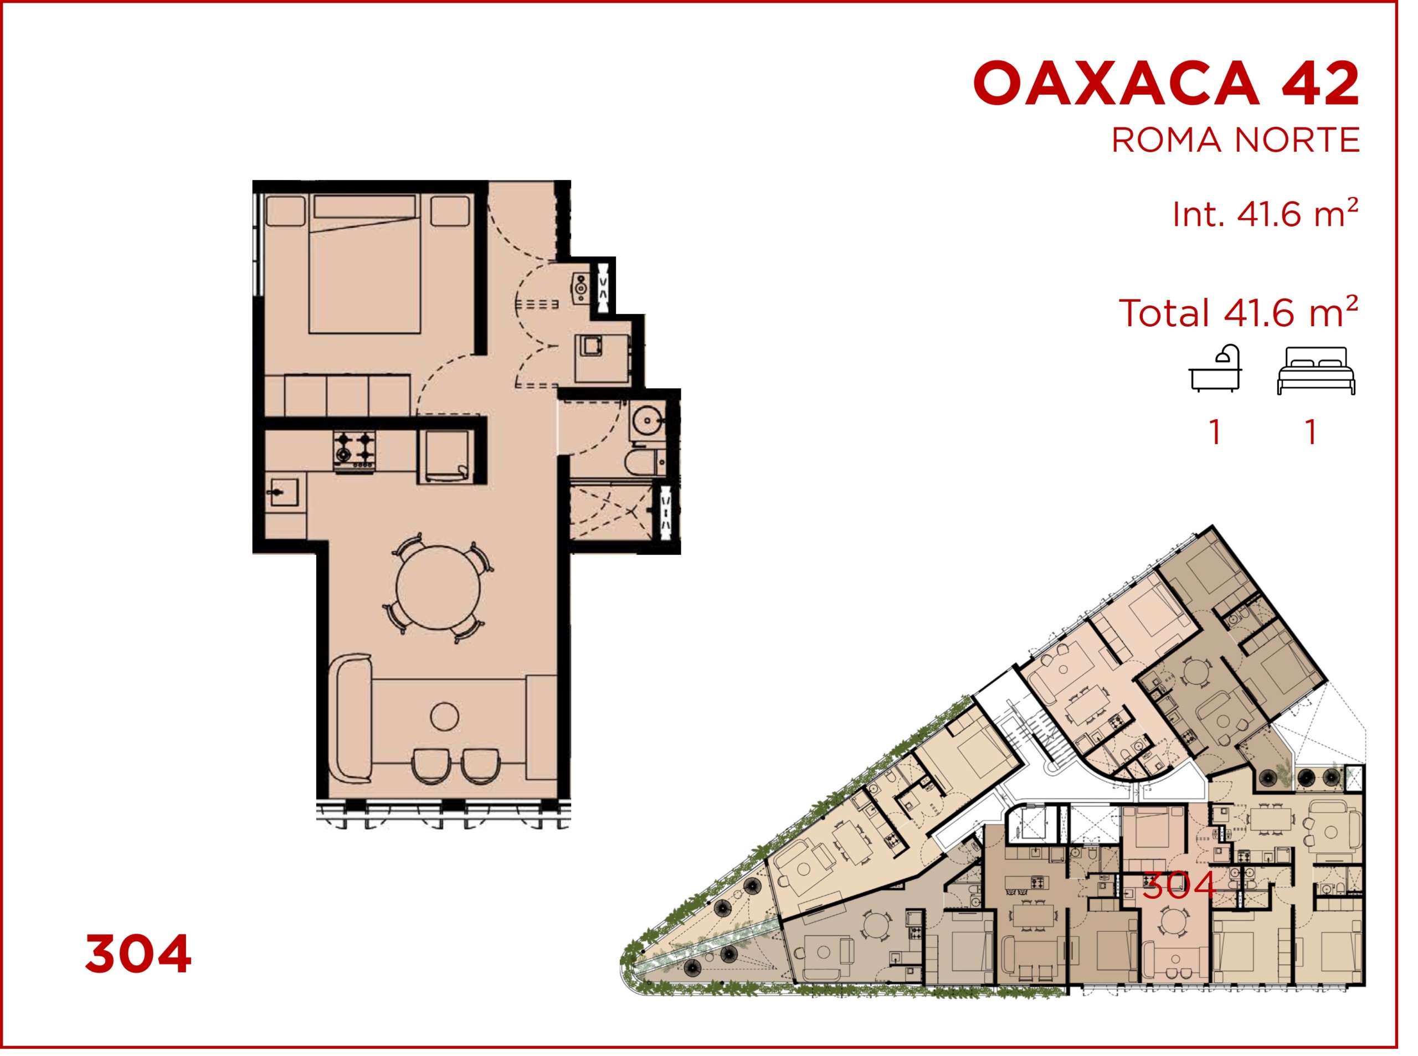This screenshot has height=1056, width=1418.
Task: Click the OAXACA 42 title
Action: [1165, 83]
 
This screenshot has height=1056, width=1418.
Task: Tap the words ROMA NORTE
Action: [1235, 141]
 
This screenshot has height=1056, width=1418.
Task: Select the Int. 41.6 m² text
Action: [1265, 214]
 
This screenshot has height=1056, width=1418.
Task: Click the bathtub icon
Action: [1215, 369]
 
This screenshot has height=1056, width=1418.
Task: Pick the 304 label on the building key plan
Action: [1178, 886]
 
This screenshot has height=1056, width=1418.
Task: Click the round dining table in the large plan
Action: [438, 587]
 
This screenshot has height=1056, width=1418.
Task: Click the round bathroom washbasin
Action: [648, 421]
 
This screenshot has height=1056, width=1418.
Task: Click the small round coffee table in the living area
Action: [444, 717]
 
